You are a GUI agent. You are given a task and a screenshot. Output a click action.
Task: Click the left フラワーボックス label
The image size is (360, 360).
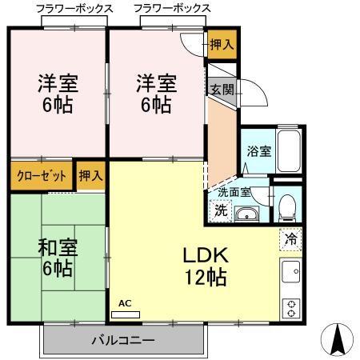point(74,8)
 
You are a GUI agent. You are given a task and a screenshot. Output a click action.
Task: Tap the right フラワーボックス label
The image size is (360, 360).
point(173,8)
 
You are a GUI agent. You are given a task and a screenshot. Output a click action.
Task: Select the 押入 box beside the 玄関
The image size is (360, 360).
point(222,45)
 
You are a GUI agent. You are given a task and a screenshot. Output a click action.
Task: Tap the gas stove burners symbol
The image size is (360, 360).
point(290,306)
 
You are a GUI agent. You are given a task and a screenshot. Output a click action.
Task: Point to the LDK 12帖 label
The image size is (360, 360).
point(206,267)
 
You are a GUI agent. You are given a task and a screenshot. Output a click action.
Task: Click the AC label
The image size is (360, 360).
point(125,303)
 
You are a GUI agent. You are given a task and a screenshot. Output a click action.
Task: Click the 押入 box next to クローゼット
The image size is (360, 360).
point(90,176)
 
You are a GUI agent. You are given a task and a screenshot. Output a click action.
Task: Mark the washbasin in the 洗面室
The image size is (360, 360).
point(249,213)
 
